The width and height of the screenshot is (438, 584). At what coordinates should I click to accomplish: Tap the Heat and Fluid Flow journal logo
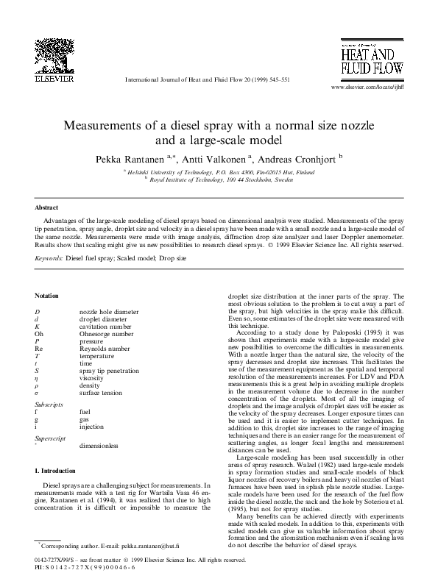pyautogui.click(x=370, y=60)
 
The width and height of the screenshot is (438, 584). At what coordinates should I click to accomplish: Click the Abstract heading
pyautogui.click(x=48, y=208)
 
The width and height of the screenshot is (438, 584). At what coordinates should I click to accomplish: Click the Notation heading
pyautogui.click(x=48, y=294)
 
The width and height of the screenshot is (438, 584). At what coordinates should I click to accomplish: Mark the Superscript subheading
pyautogui.click(x=52, y=437)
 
